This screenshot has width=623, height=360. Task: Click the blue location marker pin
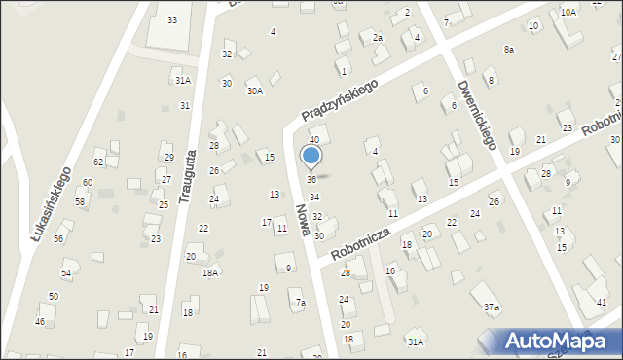311,157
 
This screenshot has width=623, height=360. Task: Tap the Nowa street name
304,223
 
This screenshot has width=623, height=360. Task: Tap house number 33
172,19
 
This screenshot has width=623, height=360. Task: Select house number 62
98,162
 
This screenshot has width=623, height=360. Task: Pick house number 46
40,321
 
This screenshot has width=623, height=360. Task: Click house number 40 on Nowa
314,140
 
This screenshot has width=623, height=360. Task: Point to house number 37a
492,307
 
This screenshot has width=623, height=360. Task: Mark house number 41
600,303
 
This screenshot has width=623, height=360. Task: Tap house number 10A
568,12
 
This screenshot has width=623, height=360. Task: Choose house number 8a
509,49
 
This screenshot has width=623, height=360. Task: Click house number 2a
378,37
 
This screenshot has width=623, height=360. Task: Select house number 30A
254,91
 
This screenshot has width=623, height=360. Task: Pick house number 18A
209,273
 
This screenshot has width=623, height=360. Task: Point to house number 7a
301,303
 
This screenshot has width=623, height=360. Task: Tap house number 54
66,273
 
